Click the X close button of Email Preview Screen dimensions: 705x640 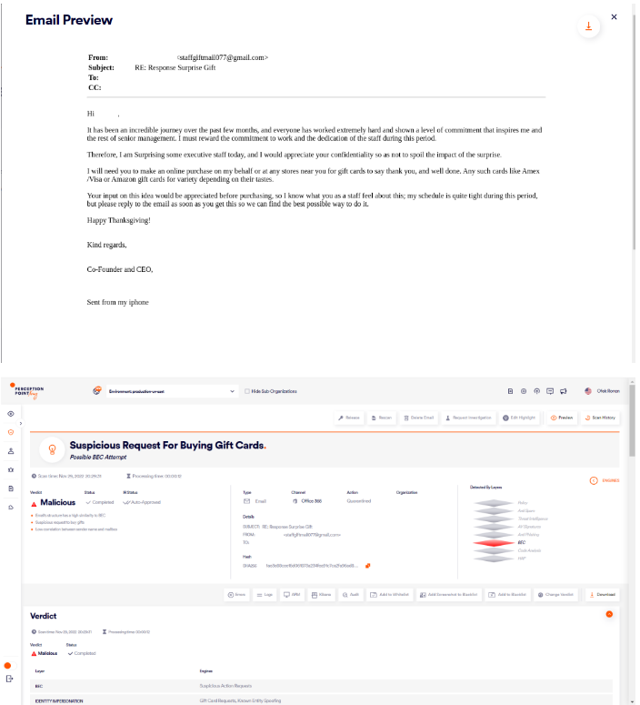click(615, 16)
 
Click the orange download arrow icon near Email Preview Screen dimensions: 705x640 click(588, 26)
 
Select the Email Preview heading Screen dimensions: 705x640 click(69, 20)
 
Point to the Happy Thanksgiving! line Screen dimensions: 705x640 click(118, 220)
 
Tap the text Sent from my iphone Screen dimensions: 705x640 click(117, 302)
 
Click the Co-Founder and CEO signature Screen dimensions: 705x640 click(120, 269)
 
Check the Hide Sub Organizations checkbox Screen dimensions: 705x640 click(247, 391)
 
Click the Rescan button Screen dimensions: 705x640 click(381, 418)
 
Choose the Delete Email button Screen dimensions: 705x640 click(418, 418)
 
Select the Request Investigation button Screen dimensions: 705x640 click(467, 418)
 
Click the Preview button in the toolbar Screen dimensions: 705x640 click(561, 418)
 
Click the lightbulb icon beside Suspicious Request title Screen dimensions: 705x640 click(52, 449)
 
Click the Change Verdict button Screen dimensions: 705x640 click(556, 594)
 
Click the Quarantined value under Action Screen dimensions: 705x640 click(358, 501)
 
